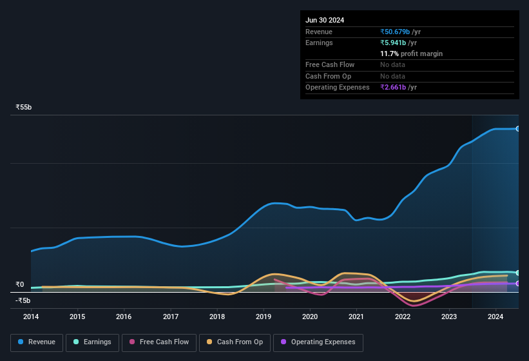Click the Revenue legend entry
[37, 342]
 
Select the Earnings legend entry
[91, 342]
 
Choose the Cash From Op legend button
[235, 342]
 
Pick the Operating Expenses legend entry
[318, 342]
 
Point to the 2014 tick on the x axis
[31, 317]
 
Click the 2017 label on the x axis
[171, 317]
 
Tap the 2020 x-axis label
[310, 317]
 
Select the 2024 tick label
[495, 317]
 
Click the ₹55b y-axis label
[24, 107]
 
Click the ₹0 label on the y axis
[19, 284]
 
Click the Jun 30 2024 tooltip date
[325, 20]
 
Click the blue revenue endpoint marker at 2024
[517, 129]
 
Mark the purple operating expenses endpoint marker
[517, 284]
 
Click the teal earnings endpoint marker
[517, 273]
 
